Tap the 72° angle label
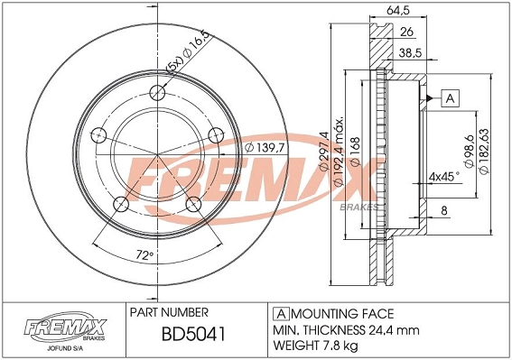coord(138,255)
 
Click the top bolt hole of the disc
coord(159,91)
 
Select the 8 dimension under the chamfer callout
coord(443,211)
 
